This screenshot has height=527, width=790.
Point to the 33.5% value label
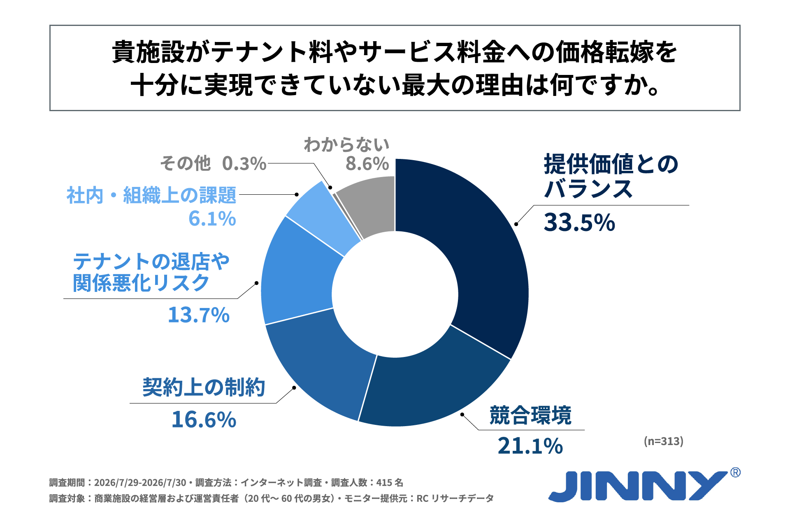click(x=579, y=223)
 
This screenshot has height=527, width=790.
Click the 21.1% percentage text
click(x=530, y=446)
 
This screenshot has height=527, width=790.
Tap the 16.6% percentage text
click(x=204, y=420)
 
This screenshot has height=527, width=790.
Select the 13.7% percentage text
click(x=199, y=315)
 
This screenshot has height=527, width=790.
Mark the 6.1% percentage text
click(x=212, y=219)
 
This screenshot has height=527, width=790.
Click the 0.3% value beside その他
click(x=244, y=164)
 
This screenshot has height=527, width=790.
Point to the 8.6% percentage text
click(x=367, y=164)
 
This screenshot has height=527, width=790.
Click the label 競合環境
click(x=530, y=415)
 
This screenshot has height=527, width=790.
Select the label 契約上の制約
click(x=204, y=387)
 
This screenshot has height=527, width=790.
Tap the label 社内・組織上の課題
click(x=151, y=195)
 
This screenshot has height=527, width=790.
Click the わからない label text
click(x=346, y=145)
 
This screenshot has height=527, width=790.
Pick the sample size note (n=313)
click(x=664, y=441)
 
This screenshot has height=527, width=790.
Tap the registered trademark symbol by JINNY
click(x=735, y=472)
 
